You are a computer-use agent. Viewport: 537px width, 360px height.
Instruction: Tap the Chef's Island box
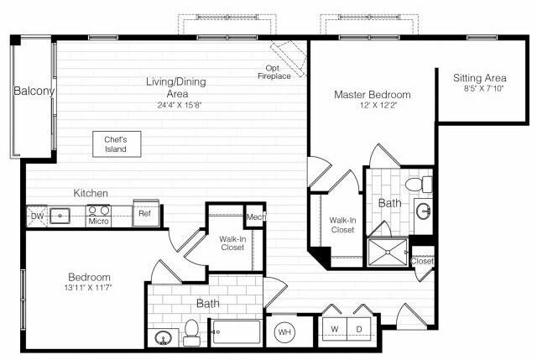coord(116,143)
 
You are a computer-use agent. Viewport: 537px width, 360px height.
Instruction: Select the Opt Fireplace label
coord(274,73)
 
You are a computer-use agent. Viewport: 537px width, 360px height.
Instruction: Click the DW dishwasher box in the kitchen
coord(35,216)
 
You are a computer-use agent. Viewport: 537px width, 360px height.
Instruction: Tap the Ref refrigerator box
coord(144,214)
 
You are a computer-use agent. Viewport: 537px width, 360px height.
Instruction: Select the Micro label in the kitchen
coord(99,222)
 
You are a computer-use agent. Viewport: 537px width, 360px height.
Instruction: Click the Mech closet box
coord(255,217)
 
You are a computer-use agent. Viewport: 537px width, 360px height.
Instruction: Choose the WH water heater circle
coord(284,331)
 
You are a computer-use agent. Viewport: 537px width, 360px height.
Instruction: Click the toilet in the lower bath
coord(190,333)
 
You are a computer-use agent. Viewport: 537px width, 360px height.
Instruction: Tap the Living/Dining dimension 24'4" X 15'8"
coord(176,105)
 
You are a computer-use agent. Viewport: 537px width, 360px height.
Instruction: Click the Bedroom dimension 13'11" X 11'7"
coord(89,288)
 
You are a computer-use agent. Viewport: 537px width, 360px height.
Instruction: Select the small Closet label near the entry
coord(423,261)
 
